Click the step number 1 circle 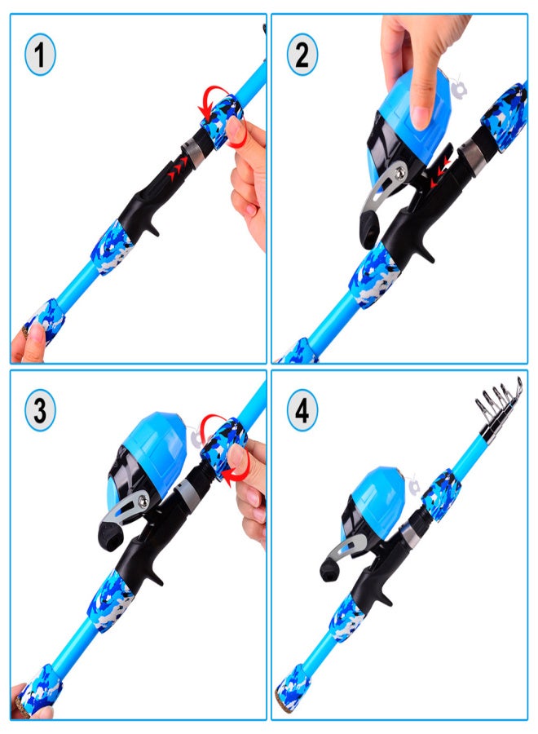pos(40,56)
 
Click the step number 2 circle pos(302,56)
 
